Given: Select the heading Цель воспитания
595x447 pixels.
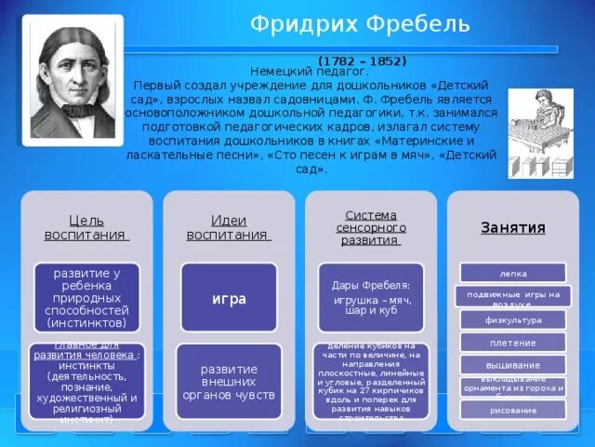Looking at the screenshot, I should click(x=86, y=226).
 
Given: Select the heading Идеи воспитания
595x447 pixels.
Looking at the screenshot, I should click(x=229, y=226).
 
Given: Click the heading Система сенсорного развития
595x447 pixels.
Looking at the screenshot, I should click(x=370, y=227).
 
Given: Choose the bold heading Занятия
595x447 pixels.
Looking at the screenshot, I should click(x=512, y=227).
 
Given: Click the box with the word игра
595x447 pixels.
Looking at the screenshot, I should click(x=229, y=298).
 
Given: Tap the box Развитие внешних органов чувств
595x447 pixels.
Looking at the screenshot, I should click(x=229, y=382).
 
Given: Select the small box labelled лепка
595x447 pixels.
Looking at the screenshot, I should click(x=512, y=273).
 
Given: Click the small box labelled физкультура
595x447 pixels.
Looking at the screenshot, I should click(x=512, y=319).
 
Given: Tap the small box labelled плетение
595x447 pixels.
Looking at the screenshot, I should click(x=512, y=342).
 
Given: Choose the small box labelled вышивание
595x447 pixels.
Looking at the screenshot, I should click(x=512, y=364).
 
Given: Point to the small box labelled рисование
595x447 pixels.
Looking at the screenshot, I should click(x=512, y=410).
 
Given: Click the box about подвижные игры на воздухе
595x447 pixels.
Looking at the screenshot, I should click(x=512, y=296).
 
